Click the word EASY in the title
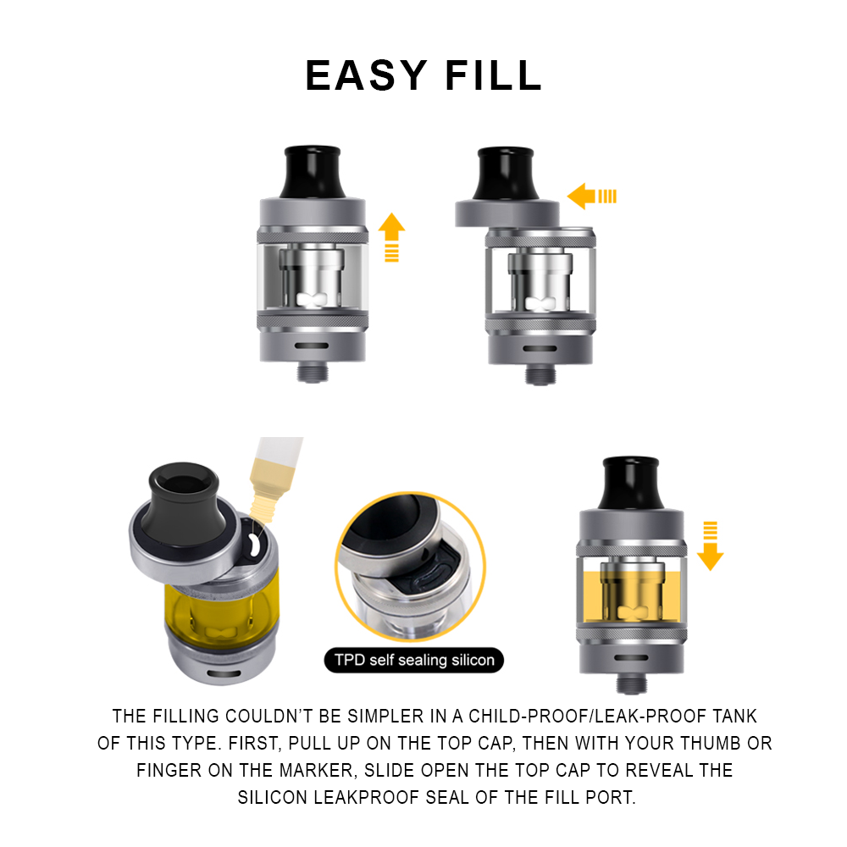(366, 75)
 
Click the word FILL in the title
(493, 75)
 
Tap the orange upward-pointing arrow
(391, 237)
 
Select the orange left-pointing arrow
(591, 197)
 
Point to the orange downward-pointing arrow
(710, 545)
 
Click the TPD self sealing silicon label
(414, 660)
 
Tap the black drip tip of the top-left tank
(313, 171)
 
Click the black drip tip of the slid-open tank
(506, 173)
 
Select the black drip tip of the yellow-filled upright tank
(631, 483)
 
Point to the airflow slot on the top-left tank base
(312, 346)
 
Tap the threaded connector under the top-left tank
(313, 372)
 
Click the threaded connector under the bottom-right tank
(632, 684)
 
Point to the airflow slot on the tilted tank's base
(222, 673)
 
